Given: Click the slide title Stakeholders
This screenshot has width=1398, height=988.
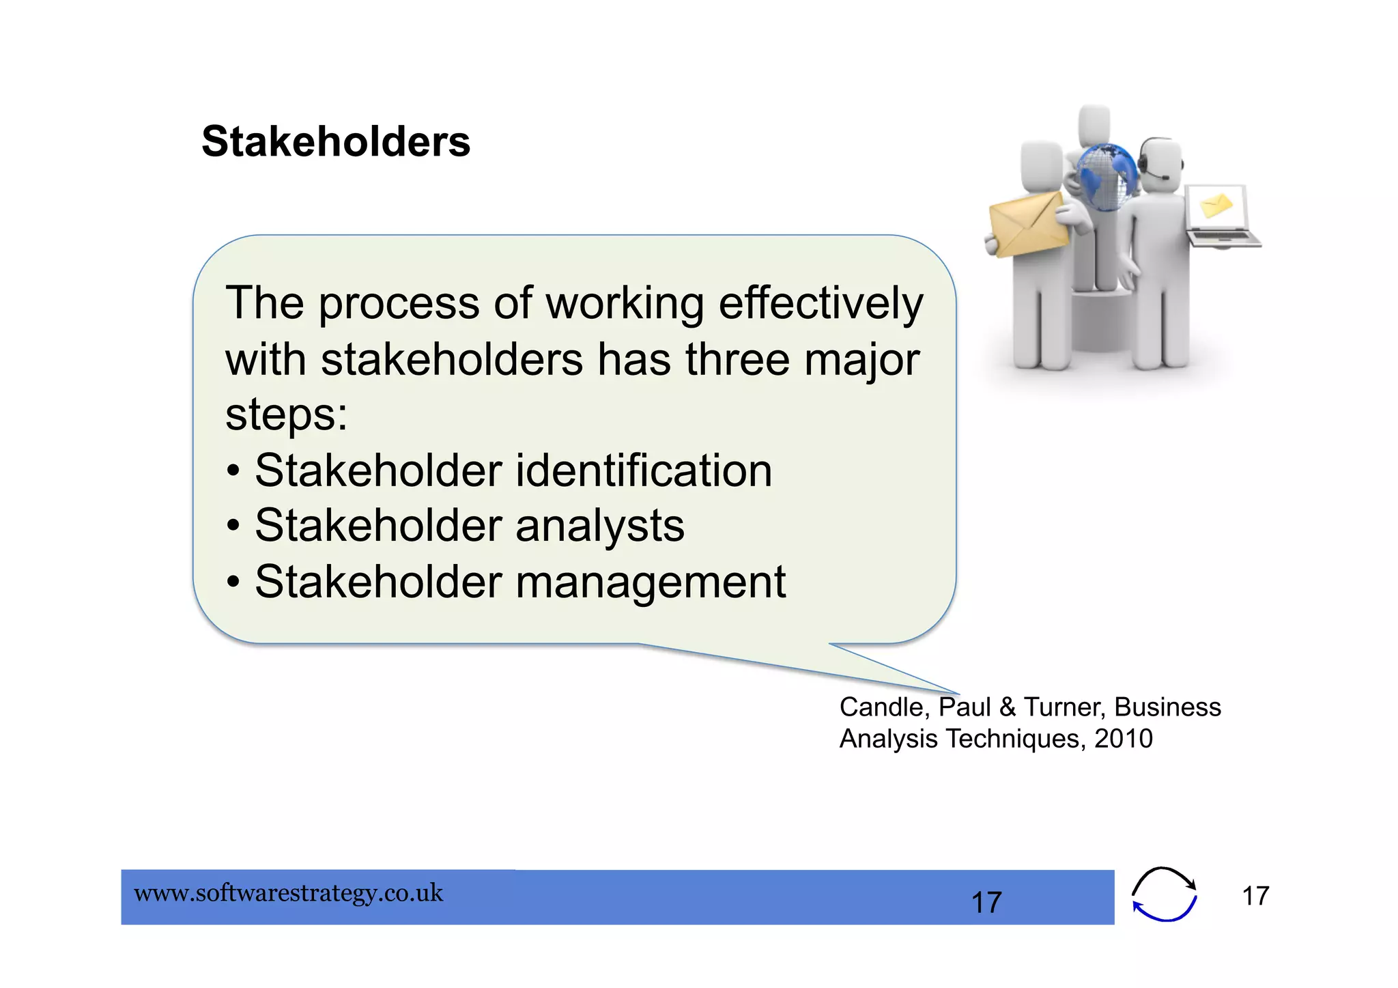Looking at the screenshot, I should click(x=336, y=142).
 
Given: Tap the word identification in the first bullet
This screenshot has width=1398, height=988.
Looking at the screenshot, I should click(x=643, y=471).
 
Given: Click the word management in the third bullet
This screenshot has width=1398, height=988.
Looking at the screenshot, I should click(x=650, y=582).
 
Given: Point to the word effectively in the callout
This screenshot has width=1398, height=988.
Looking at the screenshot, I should click(x=821, y=303).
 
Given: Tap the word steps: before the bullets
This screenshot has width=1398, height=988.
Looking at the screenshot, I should click(x=286, y=414).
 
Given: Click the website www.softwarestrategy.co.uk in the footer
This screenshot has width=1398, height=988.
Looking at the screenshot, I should click(x=289, y=893).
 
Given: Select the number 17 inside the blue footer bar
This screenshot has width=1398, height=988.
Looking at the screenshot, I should click(x=986, y=903).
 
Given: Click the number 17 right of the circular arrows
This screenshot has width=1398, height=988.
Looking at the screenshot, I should click(x=1255, y=896).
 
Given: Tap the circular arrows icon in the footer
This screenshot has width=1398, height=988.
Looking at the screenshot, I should click(x=1164, y=894).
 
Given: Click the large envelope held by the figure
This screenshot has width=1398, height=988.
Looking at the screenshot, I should click(x=1028, y=223).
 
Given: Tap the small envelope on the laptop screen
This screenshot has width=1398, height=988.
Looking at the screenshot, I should click(x=1216, y=205).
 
